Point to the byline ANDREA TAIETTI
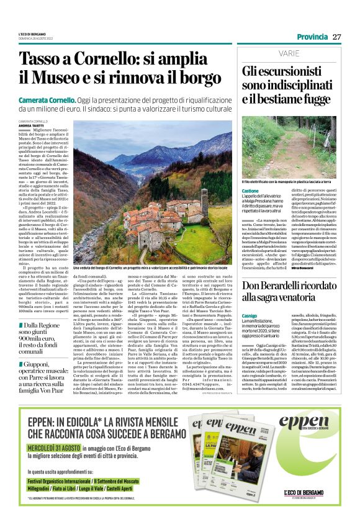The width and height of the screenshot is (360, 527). click(32, 125)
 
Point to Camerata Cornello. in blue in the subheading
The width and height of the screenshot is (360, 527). click(48, 101)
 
